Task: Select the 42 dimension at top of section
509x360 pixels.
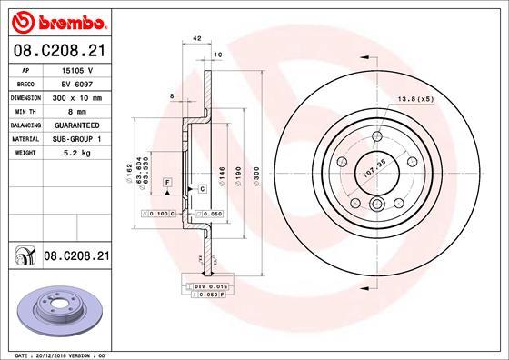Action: coord(196,38)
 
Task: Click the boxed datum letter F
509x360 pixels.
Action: coord(168,183)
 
